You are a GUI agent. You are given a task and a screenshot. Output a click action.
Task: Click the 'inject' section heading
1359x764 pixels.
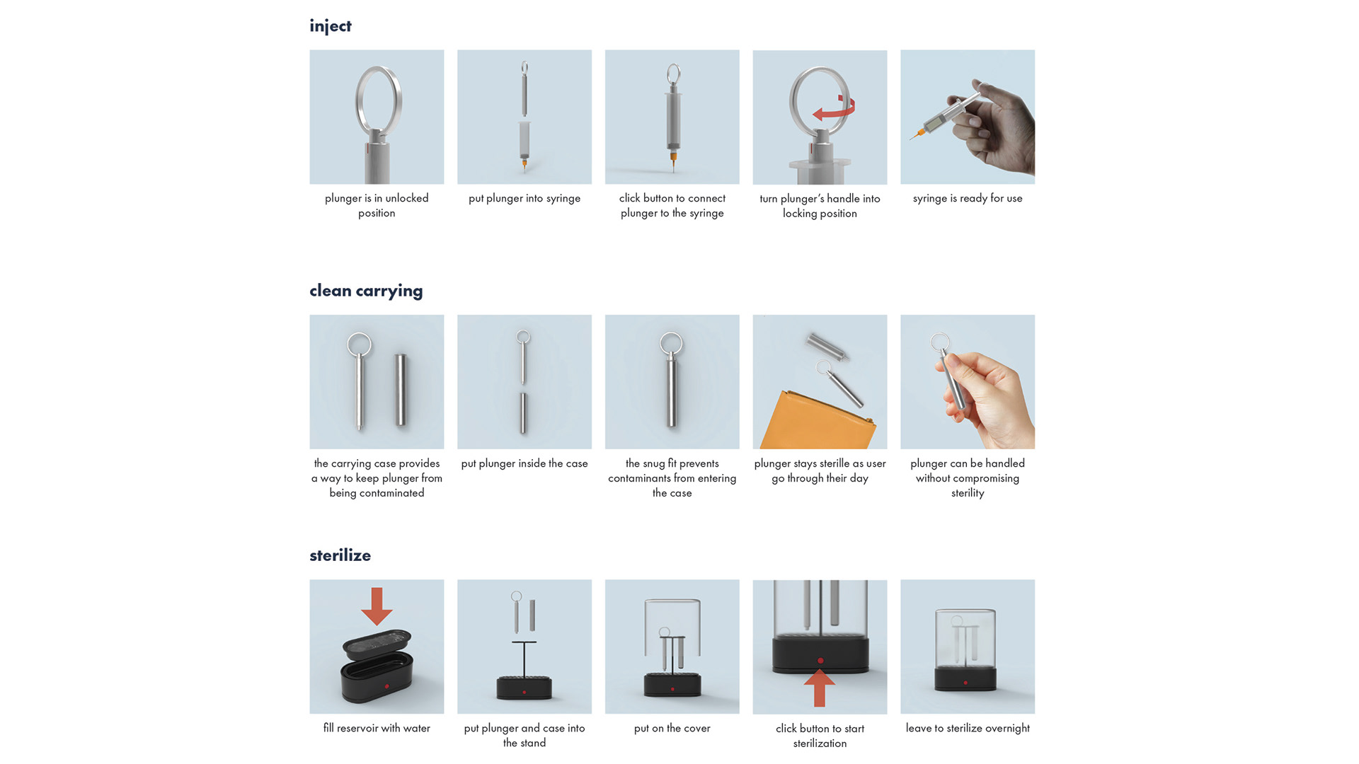click(330, 26)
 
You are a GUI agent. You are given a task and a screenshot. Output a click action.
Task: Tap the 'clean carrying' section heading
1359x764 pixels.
click(366, 291)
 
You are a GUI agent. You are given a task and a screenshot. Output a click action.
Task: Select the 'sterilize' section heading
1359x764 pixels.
click(340, 555)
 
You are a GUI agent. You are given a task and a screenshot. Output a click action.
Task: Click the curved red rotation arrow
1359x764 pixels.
click(835, 110)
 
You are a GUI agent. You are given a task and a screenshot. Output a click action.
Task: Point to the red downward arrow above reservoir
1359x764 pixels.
click(377, 606)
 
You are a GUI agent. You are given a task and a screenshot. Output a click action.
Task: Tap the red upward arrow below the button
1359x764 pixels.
click(820, 688)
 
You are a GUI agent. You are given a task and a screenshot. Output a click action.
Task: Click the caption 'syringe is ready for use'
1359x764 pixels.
click(968, 198)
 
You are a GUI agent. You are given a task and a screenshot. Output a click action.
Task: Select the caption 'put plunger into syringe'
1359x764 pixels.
click(524, 198)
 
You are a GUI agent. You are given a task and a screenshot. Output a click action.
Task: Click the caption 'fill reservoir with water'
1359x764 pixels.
click(377, 728)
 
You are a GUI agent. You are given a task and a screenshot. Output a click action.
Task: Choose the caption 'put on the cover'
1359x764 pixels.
click(672, 728)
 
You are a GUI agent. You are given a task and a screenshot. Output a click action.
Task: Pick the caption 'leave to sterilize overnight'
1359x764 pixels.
click(968, 728)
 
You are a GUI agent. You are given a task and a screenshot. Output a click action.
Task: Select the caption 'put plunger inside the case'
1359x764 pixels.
click(524, 463)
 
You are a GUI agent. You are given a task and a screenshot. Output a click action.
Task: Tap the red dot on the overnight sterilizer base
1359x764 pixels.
click(965, 683)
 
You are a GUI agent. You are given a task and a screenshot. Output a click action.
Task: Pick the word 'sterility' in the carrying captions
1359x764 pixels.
click(968, 493)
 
